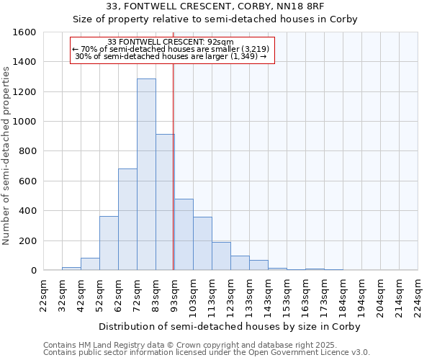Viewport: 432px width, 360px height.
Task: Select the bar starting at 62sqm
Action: click(127, 220)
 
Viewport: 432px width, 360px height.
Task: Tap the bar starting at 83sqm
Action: click(165, 202)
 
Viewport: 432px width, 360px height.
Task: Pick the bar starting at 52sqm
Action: click(109, 243)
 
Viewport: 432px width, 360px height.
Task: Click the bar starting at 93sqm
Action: click(184, 235)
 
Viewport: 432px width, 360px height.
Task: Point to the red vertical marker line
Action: click(174, 180)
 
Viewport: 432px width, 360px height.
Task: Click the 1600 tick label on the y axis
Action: click(24, 32)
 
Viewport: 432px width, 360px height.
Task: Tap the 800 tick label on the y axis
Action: click(27, 151)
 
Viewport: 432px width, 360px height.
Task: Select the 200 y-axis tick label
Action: click(27, 240)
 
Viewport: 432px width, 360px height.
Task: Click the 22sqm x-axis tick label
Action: click(44, 294)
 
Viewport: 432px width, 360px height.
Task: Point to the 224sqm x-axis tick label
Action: click(418, 294)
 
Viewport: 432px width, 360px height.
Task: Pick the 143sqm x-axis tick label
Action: click(269, 294)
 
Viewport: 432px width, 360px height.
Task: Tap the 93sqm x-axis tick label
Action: click(175, 294)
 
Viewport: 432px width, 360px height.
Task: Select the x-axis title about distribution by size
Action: click(229, 326)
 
